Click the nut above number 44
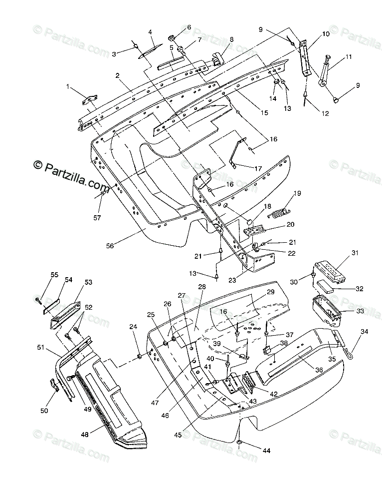(x=241, y=444)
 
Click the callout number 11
(x=348, y=57)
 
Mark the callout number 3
(x=114, y=53)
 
